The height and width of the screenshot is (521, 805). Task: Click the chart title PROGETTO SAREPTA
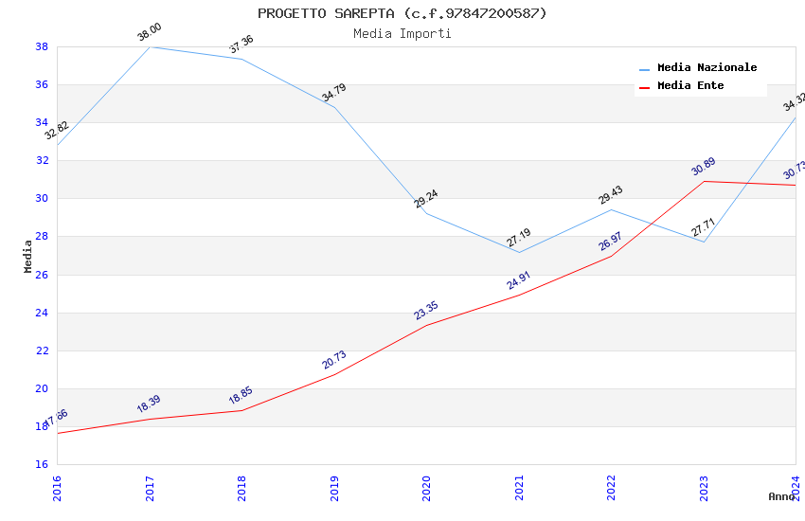pos(402,13)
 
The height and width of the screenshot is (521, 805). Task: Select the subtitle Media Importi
pos(402,33)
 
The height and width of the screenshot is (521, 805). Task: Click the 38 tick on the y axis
pos(42,46)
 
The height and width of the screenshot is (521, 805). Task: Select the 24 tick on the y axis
pos(42,313)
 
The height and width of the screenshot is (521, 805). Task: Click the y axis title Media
pos(28,256)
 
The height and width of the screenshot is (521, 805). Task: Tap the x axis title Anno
pos(781,496)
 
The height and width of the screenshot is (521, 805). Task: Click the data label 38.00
pos(150,33)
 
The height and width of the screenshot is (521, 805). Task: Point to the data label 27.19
pos(518,238)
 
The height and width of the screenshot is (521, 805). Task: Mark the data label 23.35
pos(426,311)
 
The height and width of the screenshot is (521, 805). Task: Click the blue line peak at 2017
pos(150,46)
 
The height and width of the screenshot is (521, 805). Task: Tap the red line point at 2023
pos(704,181)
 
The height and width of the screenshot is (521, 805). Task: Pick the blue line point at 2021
pos(519,252)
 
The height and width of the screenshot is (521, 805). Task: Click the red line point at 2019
pos(334,374)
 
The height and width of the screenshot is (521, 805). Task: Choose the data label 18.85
pos(241,396)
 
